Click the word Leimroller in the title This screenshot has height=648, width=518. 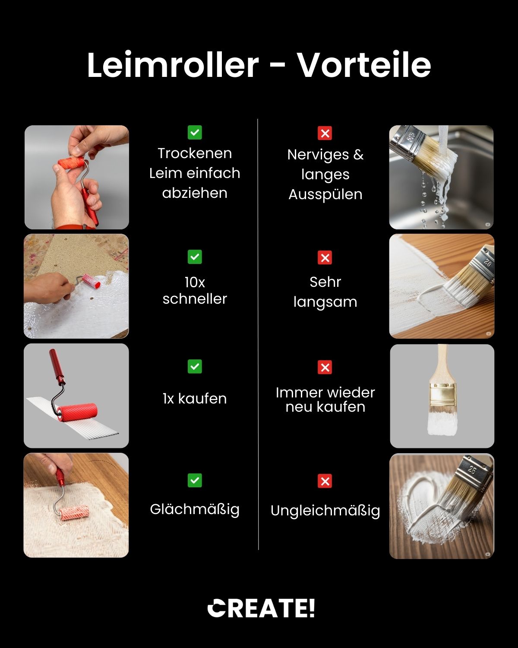click(173, 65)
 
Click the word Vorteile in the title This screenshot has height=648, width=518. click(364, 65)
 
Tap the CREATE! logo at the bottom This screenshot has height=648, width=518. click(261, 608)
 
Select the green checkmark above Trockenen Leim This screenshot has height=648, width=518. click(195, 133)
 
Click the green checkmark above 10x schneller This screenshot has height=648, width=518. click(195, 257)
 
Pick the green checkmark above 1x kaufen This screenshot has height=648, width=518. click(195, 366)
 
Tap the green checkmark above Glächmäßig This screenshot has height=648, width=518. click(195, 480)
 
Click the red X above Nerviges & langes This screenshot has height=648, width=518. click(325, 133)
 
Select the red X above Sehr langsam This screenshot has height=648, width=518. click(325, 257)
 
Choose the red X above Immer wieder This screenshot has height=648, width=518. click(325, 367)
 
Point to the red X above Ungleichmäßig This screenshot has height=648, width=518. click(325, 481)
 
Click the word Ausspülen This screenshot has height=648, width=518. click(325, 195)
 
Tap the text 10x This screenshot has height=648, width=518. click(195, 283)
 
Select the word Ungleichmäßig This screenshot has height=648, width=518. click(325, 511)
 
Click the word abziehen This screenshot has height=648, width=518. click(195, 193)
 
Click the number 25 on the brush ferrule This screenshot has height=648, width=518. click(472, 470)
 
